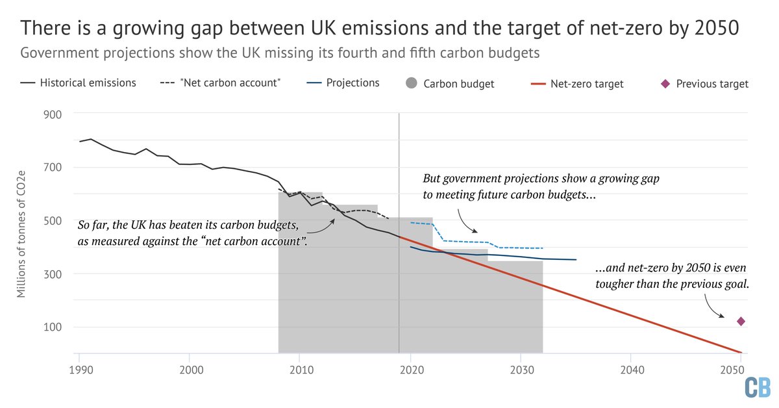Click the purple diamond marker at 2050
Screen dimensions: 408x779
(x=741, y=321)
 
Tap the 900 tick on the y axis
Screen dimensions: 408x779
(x=53, y=114)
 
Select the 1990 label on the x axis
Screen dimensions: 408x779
(x=79, y=367)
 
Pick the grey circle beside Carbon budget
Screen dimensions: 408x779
(x=410, y=83)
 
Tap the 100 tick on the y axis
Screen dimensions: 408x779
(x=53, y=327)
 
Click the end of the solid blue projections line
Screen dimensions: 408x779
(x=576, y=260)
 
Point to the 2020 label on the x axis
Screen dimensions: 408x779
(x=410, y=367)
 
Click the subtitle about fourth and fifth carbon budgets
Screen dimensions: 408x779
(x=280, y=53)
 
